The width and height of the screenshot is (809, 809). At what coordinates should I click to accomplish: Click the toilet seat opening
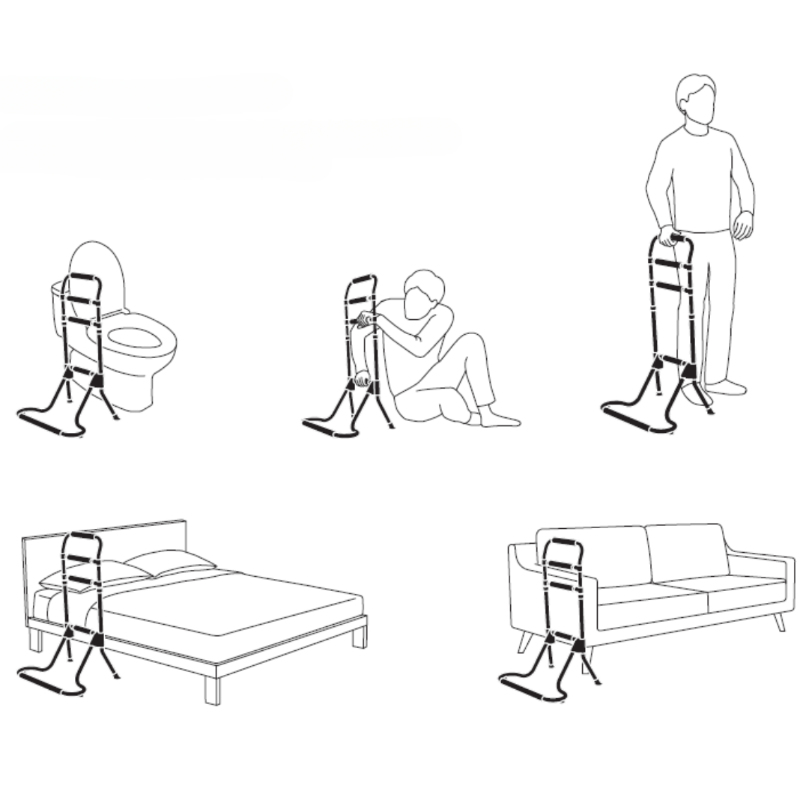[x=135, y=338]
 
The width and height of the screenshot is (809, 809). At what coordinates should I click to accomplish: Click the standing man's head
[x=696, y=101]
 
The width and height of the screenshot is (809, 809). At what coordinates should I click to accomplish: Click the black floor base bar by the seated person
[x=329, y=429]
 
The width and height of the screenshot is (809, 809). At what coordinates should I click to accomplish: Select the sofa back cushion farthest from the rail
[x=685, y=553]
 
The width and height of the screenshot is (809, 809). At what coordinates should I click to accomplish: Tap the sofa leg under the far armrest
[x=779, y=621]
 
